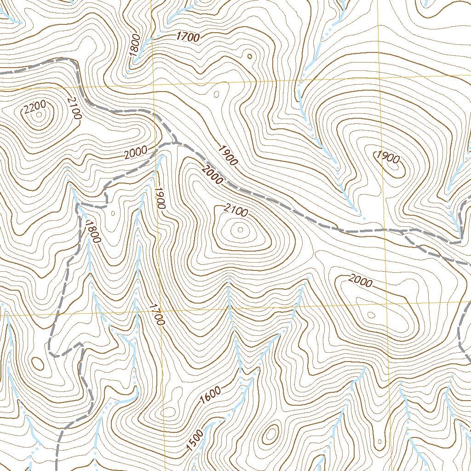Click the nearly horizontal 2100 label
pyautogui.click(x=235, y=210)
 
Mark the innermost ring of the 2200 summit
pyautogui.click(x=39, y=115)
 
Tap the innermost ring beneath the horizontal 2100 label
pyautogui.click(x=240, y=230)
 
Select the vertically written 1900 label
pyautogui.click(x=159, y=198)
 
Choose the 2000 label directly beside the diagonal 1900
pyautogui.click(x=212, y=175)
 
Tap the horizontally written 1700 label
pyautogui.click(x=188, y=37)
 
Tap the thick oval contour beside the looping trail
pyautogui.click(x=38, y=363)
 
